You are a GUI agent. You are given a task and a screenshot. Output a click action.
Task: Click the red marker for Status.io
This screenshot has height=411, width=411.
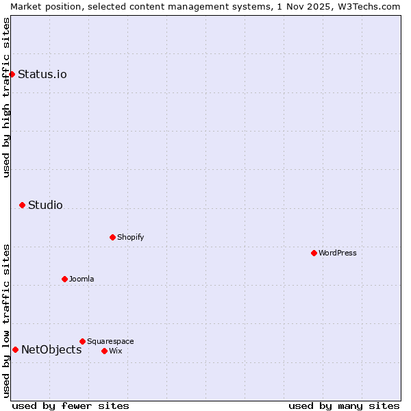12,74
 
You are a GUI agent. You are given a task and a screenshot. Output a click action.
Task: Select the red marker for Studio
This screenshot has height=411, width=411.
22,205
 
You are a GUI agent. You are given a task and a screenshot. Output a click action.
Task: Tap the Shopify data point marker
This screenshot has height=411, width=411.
112,237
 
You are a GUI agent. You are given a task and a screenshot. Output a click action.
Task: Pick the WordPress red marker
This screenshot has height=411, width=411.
314,253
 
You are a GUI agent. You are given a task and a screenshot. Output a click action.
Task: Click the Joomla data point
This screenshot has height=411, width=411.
64,279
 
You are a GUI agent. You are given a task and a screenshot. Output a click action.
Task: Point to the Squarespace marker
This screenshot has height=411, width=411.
82,341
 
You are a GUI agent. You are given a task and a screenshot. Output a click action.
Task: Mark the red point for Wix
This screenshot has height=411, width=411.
104,351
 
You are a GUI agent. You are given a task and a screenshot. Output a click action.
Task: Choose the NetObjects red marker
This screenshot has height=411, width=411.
15,349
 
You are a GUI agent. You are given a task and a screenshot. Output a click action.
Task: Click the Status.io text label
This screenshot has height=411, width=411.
42,75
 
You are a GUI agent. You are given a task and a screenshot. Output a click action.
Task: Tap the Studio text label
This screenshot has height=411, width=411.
45,206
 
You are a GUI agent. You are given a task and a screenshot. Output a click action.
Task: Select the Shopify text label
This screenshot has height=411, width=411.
130,238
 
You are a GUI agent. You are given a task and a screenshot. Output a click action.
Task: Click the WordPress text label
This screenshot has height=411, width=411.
338,253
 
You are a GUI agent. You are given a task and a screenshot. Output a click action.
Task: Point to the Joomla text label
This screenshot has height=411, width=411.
82,279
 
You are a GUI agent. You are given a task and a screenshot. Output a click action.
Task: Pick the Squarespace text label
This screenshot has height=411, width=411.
110,342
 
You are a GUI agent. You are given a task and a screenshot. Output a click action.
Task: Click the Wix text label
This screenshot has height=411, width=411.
115,351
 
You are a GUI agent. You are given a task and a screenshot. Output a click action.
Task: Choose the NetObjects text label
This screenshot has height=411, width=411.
51,350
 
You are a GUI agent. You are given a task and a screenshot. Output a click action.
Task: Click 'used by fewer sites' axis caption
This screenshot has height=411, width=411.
71,406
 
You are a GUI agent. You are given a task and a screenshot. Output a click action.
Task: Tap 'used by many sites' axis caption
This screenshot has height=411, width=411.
344,406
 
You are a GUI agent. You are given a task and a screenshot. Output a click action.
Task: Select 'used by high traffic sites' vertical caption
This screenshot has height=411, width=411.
6,97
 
